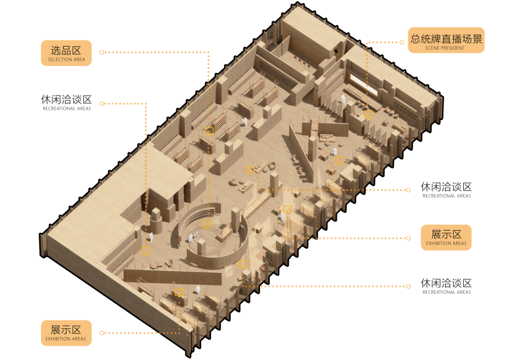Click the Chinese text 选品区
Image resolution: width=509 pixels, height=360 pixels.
66,50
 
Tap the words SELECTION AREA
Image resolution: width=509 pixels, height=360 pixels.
66,60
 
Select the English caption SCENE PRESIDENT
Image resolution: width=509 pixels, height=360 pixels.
445,48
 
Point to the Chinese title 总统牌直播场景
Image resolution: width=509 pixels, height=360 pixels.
446,39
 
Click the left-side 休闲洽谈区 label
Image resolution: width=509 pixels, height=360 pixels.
66,99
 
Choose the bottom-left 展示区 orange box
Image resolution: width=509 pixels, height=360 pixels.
66,333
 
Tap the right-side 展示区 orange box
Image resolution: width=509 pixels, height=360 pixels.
446,237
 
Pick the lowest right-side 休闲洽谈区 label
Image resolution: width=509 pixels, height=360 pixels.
446,283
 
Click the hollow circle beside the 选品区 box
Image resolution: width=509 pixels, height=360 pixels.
102,52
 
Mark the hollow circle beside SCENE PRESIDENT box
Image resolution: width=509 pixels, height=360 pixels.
402,42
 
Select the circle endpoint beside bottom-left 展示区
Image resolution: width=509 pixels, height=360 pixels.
102,333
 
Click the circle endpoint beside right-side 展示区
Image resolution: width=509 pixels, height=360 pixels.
409,238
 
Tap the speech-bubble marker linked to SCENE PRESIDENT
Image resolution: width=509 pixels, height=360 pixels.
369,115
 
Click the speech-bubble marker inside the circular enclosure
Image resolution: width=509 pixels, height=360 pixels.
206,224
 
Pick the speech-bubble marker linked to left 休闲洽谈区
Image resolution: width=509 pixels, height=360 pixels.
146,251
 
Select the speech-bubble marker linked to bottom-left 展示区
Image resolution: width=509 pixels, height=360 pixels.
179,293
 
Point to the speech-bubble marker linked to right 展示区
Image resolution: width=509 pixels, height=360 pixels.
287,210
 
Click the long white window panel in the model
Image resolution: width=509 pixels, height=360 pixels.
363,84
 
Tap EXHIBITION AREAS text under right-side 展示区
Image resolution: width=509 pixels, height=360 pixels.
446,244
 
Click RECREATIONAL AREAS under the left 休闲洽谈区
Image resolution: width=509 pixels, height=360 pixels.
67,109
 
